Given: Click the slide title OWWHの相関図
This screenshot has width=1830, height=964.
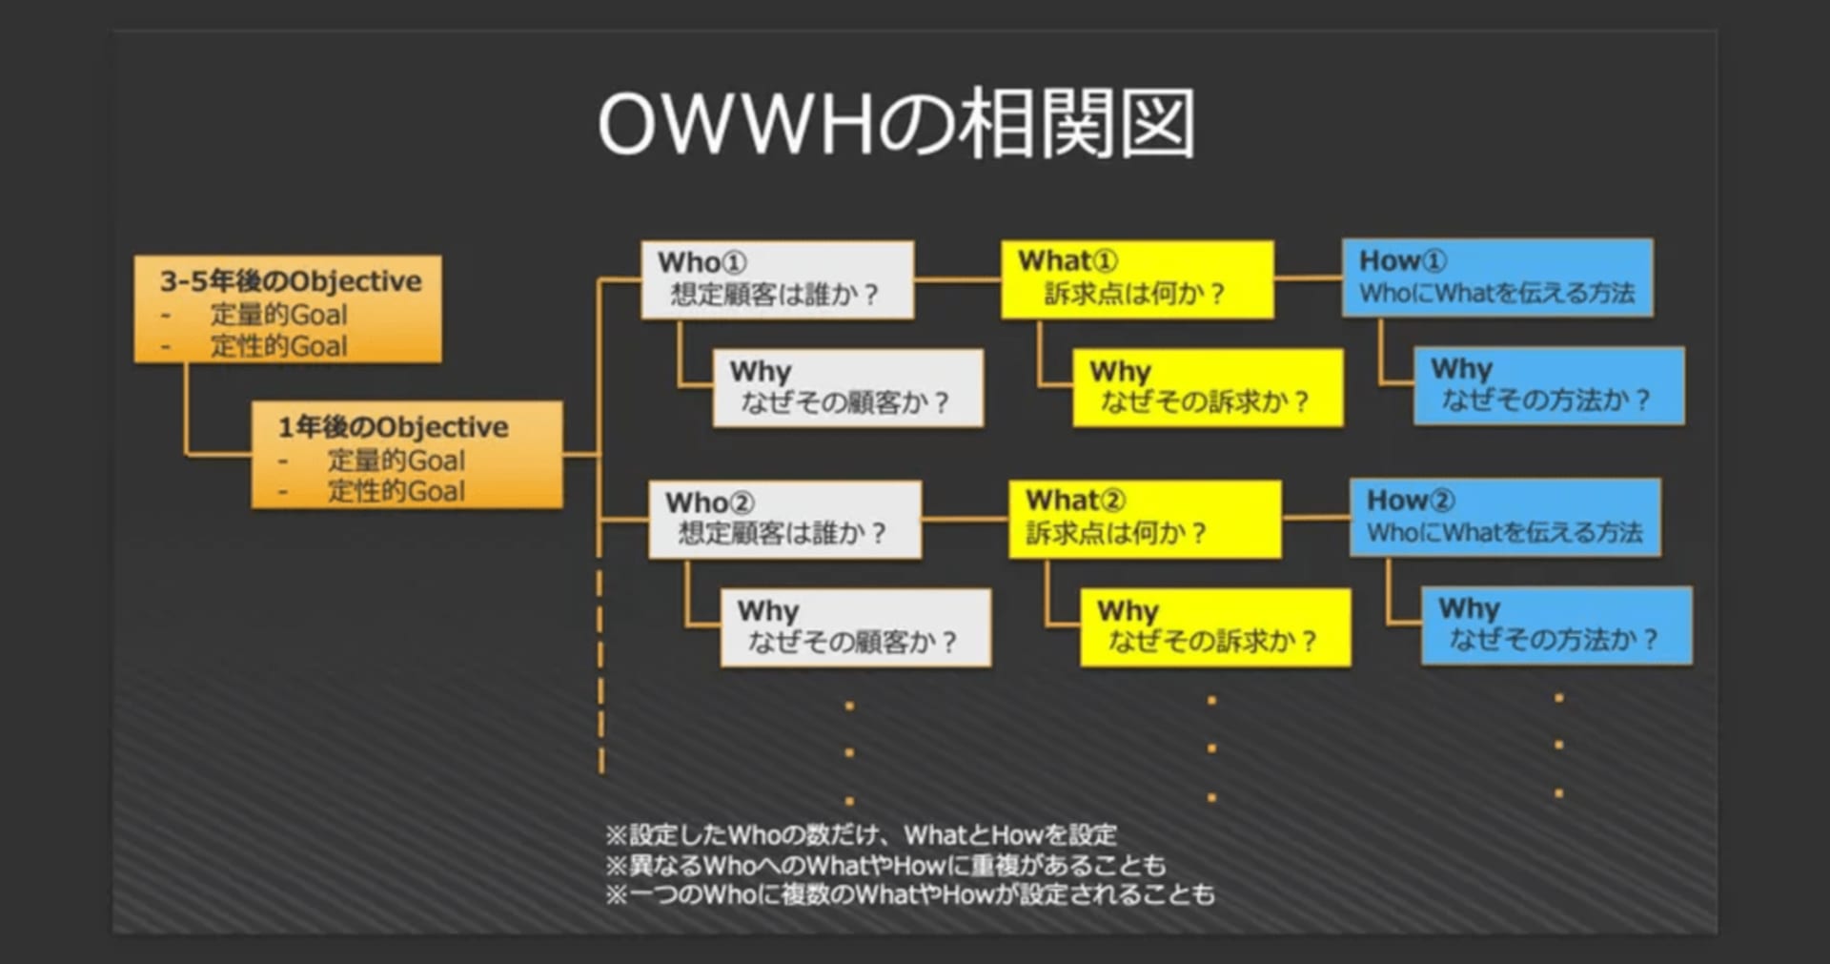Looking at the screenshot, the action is tap(896, 124).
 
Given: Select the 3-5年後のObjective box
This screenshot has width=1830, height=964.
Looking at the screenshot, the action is tap(288, 309).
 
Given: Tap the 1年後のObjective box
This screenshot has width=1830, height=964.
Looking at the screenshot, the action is tap(407, 455).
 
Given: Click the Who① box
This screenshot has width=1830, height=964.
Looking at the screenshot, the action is tap(778, 279).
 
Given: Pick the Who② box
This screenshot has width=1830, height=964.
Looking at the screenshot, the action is tap(785, 520).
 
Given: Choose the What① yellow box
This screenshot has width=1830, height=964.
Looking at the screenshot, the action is tap(1137, 279).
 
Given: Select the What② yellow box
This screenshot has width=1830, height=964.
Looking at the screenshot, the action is tap(1145, 520).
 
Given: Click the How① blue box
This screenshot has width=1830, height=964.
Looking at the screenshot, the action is tap(1497, 277).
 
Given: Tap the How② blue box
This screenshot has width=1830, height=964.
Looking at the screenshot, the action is tap(1505, 518).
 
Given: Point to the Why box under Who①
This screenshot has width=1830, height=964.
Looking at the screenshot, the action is tap(848, 388).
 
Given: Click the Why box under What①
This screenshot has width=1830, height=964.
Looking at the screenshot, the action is tap(1208, 387).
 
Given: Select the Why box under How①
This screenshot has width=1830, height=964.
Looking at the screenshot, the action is tap(1549, 385).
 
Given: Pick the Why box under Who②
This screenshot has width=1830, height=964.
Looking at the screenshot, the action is tap(856, 627).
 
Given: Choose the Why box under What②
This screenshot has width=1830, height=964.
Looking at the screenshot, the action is tap(1215, 627).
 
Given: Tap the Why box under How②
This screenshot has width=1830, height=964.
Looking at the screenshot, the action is tap(1556, 626).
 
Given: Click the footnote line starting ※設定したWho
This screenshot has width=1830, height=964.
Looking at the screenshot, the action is tap(861, 835).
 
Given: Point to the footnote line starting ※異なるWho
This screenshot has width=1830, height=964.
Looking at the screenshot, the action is tap(885, 865).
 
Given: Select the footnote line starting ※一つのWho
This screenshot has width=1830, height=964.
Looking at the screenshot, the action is tap(910, 894).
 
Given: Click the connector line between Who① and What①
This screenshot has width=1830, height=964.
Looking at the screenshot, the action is tap(957, 279).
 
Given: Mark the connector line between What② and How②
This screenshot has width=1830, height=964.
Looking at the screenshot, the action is tap(1316, 518).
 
